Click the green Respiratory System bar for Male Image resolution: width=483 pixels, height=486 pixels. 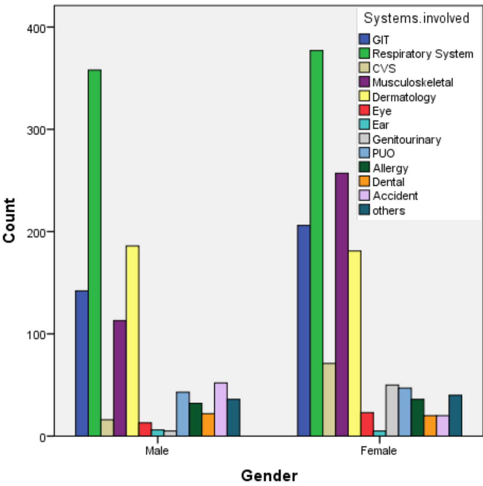pos(95,253)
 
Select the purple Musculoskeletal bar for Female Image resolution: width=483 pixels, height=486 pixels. pos(342,304)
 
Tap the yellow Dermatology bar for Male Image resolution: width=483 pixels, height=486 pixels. pos(133,341)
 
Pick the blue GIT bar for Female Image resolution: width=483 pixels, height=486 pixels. pos(304,330)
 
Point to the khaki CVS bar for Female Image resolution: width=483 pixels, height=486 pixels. pos(329,400)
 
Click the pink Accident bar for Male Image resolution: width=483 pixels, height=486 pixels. pos(221,409)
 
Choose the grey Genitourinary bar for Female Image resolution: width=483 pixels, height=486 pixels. pos(392,410)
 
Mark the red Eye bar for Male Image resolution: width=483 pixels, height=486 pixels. pos(145,429)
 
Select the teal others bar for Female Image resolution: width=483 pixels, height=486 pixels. pos(455,415)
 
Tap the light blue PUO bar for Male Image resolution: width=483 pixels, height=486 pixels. pos(183,414)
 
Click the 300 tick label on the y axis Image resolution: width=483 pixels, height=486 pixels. pos(36,130)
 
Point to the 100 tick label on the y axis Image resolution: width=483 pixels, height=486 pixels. pos(36,335)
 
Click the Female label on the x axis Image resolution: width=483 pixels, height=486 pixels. pos(379,451)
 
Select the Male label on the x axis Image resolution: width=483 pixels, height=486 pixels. pos(157,451)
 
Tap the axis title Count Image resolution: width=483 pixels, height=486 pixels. pos(9,220)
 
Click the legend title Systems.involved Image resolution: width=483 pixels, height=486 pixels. pos(416,18)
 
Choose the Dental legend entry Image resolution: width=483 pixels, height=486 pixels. pos(382,182)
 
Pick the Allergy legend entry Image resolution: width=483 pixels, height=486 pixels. pos(384,168)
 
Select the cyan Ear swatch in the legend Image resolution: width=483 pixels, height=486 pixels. pos(364,124)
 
